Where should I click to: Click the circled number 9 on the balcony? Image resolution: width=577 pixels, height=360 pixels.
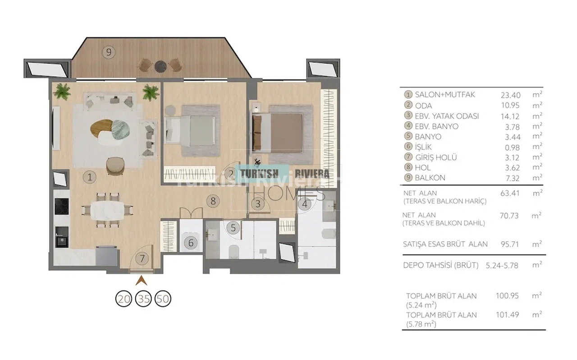109,52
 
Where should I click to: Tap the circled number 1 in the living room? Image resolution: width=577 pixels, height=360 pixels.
90,177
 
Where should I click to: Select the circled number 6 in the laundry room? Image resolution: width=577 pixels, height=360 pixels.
191,243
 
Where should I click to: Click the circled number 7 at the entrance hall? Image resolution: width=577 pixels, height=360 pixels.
142,258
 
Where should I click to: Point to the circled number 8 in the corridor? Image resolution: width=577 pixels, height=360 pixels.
213,201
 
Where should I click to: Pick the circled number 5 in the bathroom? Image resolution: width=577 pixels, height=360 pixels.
233,228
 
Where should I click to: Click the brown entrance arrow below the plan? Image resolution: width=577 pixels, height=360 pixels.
142,281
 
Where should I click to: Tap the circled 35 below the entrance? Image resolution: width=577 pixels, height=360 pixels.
143,299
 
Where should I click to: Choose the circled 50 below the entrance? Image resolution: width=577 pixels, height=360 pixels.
163,299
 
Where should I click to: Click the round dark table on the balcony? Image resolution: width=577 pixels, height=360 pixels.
161,66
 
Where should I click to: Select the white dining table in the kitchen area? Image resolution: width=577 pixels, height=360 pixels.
107,210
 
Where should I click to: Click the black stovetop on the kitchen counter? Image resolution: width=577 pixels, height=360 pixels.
62,207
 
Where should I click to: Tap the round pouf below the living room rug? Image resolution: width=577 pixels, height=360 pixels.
115,166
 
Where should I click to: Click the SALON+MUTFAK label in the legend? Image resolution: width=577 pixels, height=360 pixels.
445,95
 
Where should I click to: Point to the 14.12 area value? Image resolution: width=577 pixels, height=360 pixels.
510,116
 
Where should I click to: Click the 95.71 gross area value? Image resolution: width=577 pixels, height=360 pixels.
509,244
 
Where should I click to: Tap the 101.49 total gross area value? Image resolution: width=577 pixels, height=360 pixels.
508,314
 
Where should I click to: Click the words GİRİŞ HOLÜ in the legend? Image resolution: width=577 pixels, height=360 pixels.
436,157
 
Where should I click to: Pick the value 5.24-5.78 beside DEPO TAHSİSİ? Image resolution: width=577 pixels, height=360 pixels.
502,266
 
